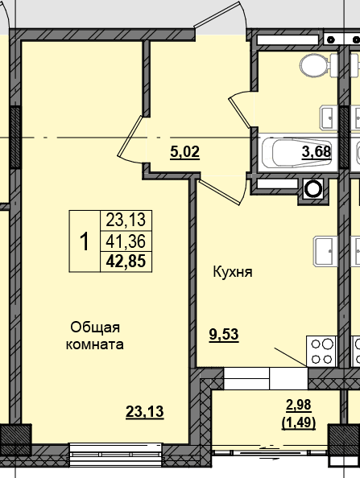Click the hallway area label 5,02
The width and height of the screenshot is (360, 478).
click(x=185, y=152)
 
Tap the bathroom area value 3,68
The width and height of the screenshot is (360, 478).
click(x=317, y=151)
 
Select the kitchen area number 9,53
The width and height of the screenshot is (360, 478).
click(x=224, y=335)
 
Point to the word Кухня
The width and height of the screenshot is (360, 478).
click(x=233, y=272)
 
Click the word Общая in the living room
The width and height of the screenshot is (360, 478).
click(x=95, y=328)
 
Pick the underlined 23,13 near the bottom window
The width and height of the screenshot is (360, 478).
click(x=145, y=411)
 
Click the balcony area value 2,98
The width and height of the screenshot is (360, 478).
click(x=299, y=405)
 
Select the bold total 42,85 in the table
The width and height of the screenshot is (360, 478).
click(x=126, y=262)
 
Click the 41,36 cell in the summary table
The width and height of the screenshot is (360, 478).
click(x=126, y=241)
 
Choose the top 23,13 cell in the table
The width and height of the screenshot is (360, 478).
click(x=126, y=220)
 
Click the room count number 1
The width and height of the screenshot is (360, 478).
click(x=85, y=241)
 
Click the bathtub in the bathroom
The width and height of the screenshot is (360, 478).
click(x=298, y=152)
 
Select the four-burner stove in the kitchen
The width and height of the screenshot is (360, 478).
click(x=321, y=352)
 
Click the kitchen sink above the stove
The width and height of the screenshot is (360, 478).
click(x=325, y=251)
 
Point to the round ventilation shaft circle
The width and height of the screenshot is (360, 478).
click(x=313, y=189)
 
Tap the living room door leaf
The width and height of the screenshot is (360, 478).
click(x=130, y=136)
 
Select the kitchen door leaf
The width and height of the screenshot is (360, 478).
click(x=218, y=192)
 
